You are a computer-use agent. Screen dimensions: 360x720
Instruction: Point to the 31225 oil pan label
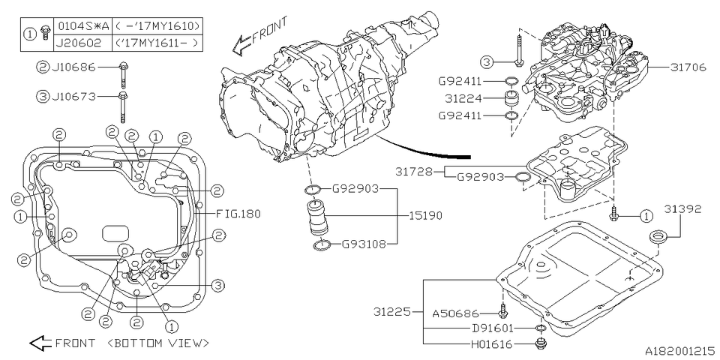(x=392, y=310)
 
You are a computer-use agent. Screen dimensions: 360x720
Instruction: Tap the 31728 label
(x=413, y=172)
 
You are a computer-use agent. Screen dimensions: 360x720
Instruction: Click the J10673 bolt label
(x=76, y=95)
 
